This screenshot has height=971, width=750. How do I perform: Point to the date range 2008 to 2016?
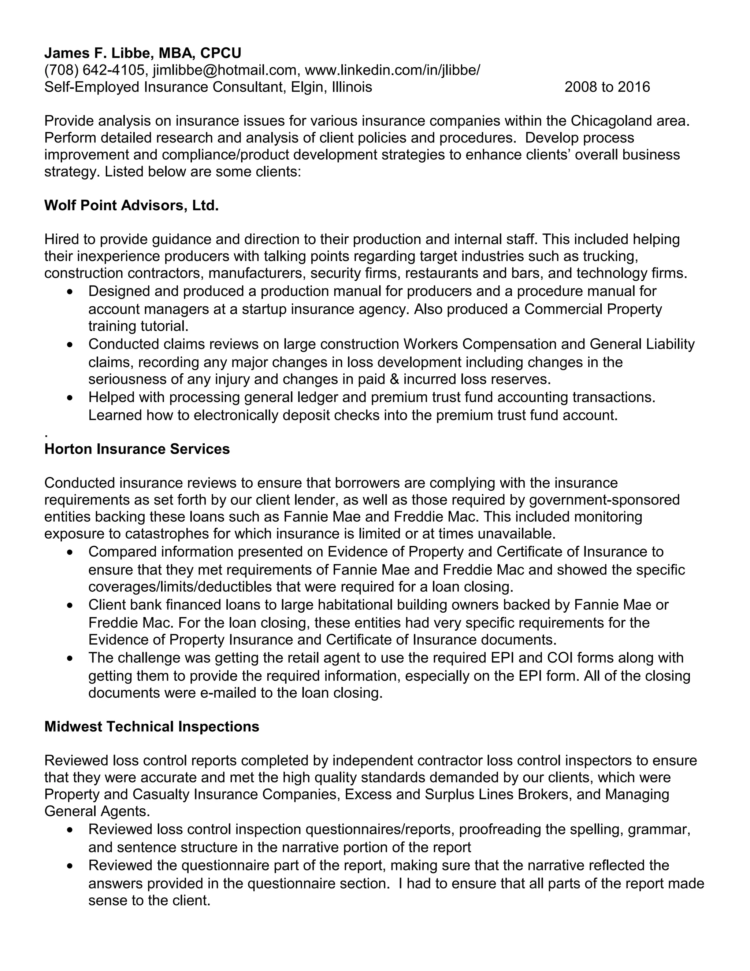[607, 87]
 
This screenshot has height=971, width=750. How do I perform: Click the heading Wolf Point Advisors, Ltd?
[131, 206]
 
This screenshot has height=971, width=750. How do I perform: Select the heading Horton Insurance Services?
[137, 449]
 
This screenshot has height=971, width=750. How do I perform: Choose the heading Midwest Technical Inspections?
[152, 727]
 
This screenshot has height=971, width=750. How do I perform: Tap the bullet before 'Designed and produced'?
[69, 292]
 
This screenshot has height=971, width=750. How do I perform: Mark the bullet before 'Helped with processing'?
[69, 398]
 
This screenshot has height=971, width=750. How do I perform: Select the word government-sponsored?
[604, 500]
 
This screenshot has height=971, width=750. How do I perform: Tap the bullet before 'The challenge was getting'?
[69, 659]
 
